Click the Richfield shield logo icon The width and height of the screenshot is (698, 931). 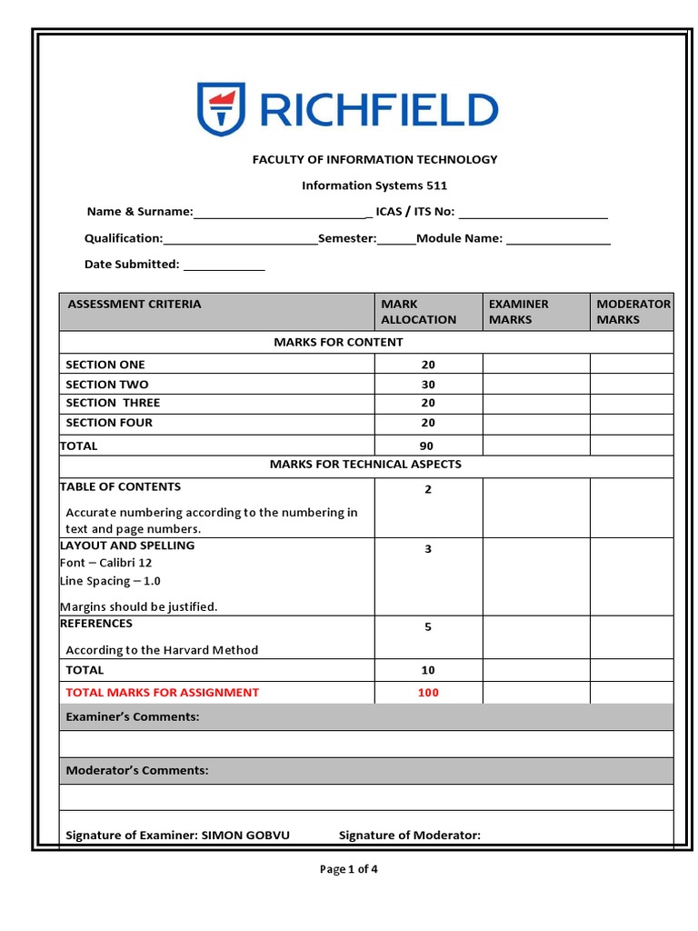pos(220,109)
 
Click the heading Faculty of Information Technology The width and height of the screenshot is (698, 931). pos(374,159)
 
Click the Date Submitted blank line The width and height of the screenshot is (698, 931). pos(224,265)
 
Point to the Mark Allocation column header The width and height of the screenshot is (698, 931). pos(418,312)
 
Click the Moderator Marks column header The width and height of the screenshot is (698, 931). pos(633,312)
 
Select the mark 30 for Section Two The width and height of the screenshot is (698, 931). pos(428,385)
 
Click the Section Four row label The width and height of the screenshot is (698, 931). pos(109,423)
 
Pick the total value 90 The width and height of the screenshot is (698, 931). pos(427,446)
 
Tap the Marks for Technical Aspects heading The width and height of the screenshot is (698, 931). pos(365,465)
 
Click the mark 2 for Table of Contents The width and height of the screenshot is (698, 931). pos(428,490)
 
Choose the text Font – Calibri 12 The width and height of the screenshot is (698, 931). pos(106,563)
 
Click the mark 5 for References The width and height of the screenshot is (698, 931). pos(428,627)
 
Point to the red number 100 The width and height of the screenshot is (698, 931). pos(428,693)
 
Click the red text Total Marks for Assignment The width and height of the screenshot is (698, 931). pos(163,693)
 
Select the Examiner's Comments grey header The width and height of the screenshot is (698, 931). pos(366,717)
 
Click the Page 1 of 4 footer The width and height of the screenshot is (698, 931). pos(349,869)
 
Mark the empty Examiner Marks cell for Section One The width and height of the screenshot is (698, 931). pos(536,365)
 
